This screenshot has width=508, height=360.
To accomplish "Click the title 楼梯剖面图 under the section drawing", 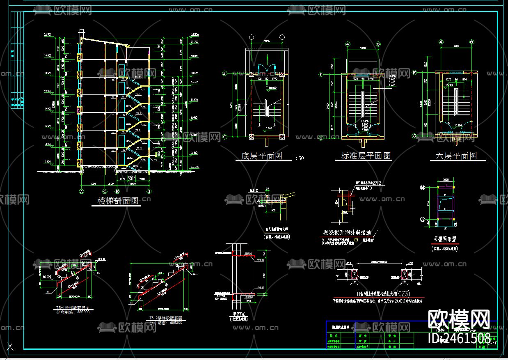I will (x=119, y=201).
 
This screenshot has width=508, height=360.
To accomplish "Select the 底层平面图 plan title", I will (x=262, y=156).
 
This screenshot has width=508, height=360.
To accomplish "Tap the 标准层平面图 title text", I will (x=366, y=156).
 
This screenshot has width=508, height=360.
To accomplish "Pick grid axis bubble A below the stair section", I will (x=81, y=191).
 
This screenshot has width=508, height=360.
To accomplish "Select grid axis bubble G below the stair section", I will (x=149, y=191).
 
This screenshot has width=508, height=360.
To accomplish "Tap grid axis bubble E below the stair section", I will (x=117, y=191).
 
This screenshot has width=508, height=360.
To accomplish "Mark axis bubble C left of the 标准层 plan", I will (x=321, y=138).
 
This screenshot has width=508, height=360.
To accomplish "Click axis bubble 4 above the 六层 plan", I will (x=442, y=41).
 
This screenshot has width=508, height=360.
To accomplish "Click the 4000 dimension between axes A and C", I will (x=93, y=183).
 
